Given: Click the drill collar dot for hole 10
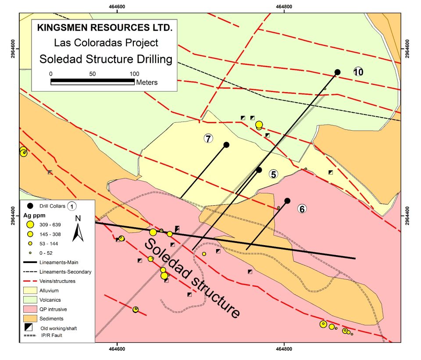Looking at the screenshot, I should coord(337,72).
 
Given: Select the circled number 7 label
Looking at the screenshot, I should coord(208,139).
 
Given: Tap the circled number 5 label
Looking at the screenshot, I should coord(273,174).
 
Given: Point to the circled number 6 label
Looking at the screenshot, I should coord(302,209).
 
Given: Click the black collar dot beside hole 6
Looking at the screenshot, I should coord(287,201).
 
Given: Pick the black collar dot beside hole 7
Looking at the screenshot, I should coord(226,145).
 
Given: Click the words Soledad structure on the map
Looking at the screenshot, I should coord(193,278).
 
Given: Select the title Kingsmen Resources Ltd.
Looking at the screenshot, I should coord(105,27).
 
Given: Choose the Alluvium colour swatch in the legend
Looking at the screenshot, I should coord(30,290).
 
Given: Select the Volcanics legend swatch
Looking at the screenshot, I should coord(30,300).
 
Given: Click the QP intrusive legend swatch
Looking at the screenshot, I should coord(30,309).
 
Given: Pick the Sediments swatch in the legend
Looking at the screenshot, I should coord(30,319).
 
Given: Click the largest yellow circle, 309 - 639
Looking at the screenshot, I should coord(30,225).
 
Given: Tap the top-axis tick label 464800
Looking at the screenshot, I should coord(284,6).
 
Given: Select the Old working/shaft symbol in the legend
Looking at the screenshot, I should coord(30,328).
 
